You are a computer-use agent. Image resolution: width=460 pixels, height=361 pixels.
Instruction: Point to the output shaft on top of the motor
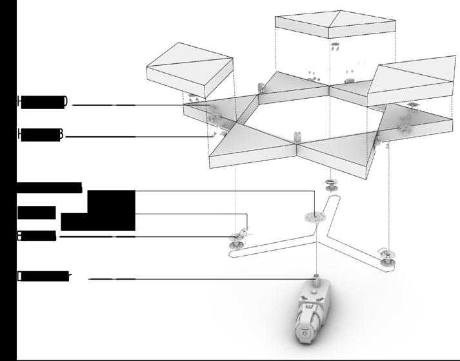(x=316, y=282)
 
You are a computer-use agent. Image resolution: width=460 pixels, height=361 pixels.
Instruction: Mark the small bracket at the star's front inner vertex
(x=298, y=136)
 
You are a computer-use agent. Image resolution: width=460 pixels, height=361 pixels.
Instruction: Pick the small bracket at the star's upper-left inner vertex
(x=262, y=88)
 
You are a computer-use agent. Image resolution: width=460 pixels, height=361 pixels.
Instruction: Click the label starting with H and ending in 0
(x=43, y=102)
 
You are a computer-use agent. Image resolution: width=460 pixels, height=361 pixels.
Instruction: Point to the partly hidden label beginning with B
(x=36, y=236)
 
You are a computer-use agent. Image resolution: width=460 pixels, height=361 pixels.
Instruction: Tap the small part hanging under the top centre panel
(x=335, y=46)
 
